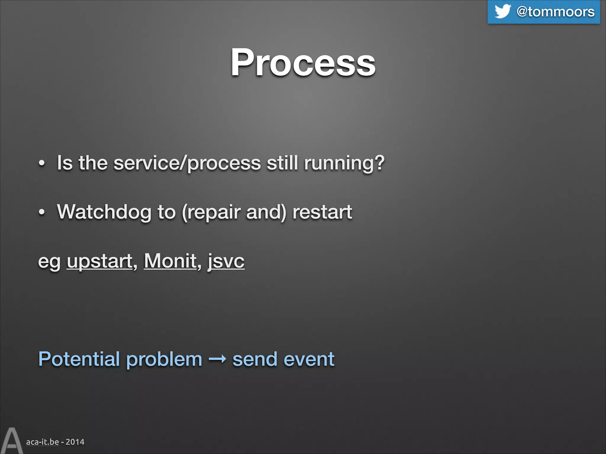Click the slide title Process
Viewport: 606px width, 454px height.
click(303, 63)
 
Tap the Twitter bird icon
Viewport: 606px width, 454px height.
click(502, 12)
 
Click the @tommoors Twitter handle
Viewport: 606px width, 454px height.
click(555, 12)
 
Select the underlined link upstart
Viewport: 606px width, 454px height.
click(99, 261)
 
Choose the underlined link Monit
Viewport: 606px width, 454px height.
click(170, 261)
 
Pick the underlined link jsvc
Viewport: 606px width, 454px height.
click(226, 261)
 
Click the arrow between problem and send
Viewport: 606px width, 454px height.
click(217, 359)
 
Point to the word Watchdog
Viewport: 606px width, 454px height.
click(104, 212)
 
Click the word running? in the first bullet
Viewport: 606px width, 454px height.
click(344, 163)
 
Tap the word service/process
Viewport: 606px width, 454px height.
click(187, 163)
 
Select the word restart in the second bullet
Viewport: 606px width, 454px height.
click(322, 212)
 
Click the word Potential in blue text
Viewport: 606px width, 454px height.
click(79, 359)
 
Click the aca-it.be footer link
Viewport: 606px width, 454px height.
click(42, 442)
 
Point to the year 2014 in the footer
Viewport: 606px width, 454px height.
click(75, 442)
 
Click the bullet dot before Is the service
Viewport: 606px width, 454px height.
click(42, 163)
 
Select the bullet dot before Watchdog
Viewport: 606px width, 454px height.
click(42, 212)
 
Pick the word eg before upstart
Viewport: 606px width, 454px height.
click(49, 262)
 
